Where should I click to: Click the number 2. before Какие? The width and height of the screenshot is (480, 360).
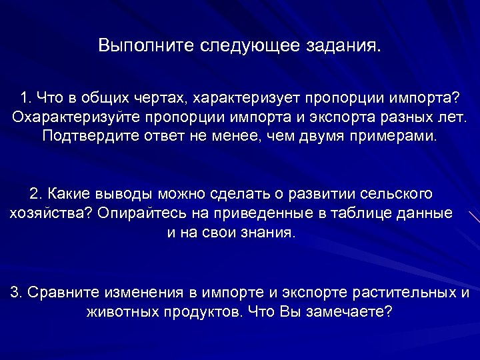36,194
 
